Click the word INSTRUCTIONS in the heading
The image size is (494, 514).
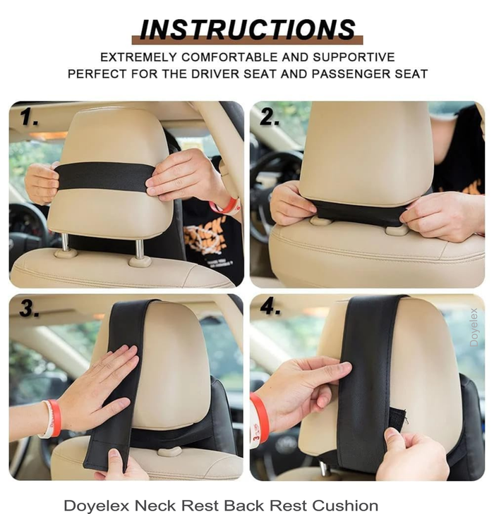click(x=248, y=29)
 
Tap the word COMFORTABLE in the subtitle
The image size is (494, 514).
click(x=229, y=57)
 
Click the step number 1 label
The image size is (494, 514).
click(x=28, y=117)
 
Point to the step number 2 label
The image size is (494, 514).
click(x=270, y=117)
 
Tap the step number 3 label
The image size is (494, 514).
click(x=30, y=308)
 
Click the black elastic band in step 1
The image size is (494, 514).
click(x=104, y=176)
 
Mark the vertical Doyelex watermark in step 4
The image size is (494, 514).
click(x=474, y=327)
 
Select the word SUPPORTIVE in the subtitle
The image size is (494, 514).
click(x=354, y=57)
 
